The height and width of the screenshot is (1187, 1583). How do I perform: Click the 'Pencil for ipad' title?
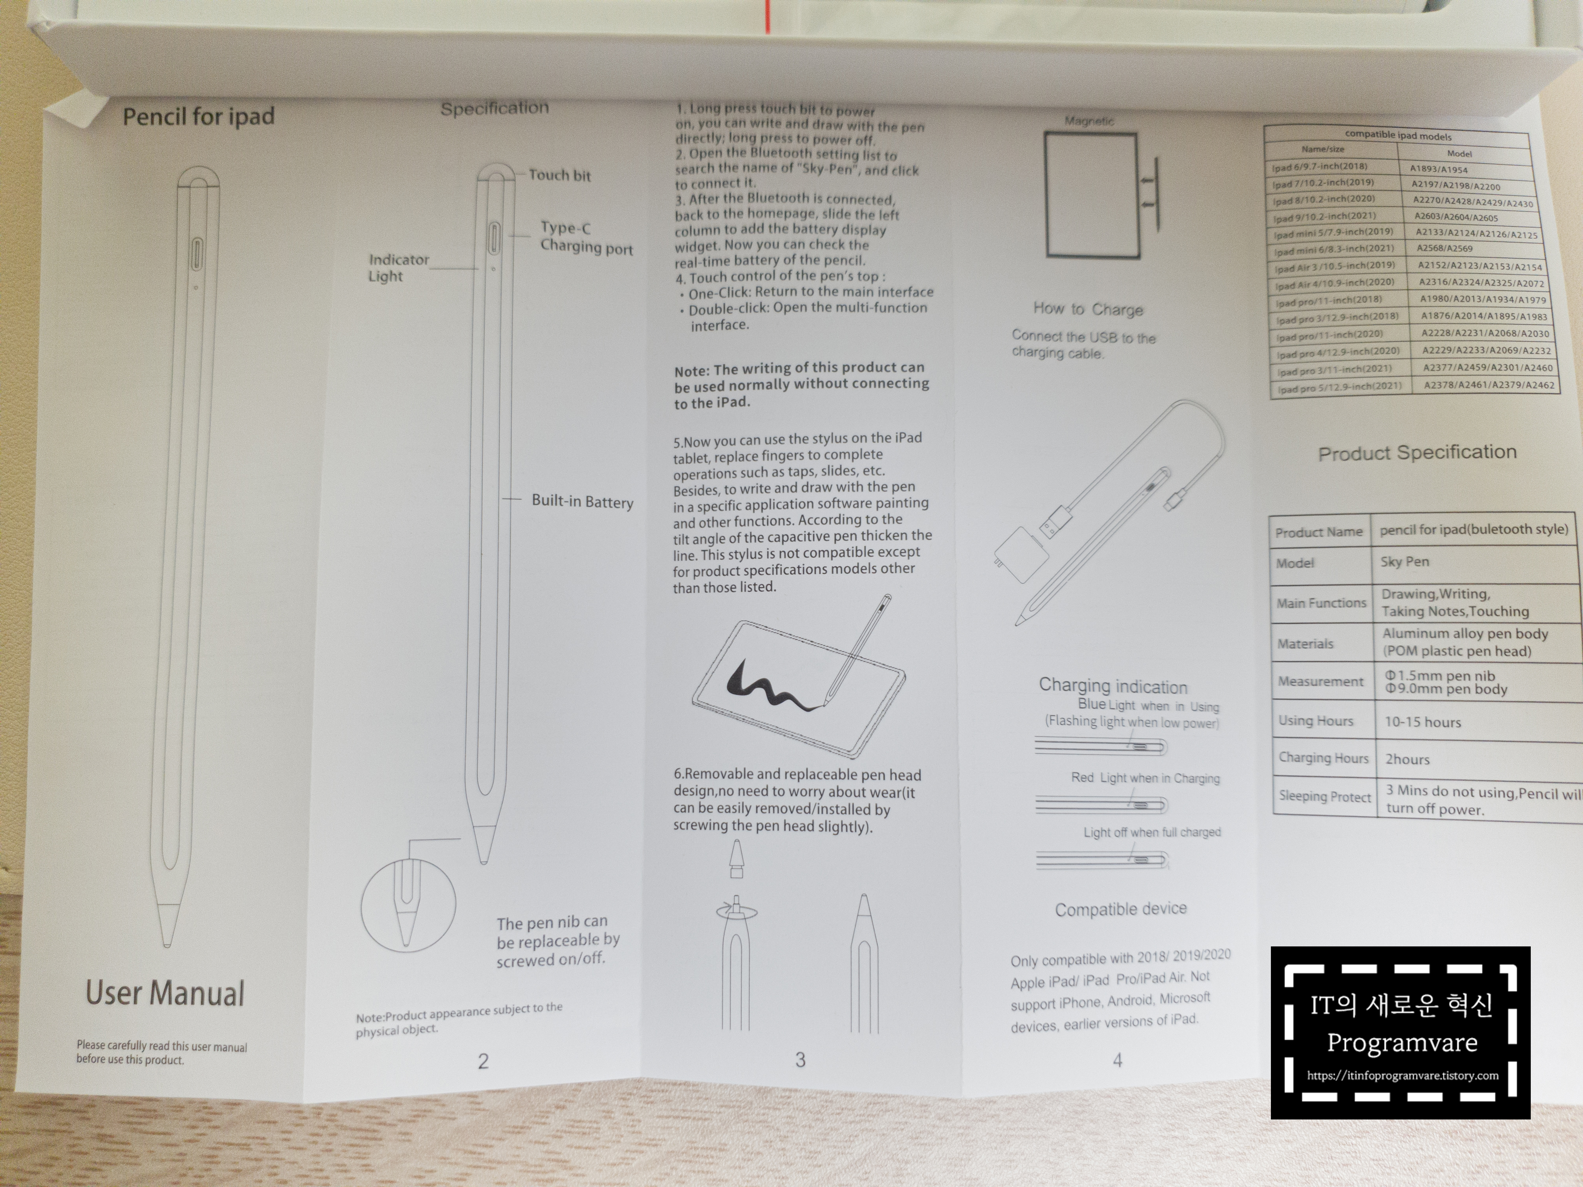click(x=198, y=116)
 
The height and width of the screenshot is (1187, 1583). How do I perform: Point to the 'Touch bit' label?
click(x=559, y=175)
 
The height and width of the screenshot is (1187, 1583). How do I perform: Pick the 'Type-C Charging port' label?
click(x=586, y=237)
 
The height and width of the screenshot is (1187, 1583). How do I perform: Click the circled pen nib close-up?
click(x=408, y=905)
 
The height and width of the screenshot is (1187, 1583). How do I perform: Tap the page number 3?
click(x=800, y=1060)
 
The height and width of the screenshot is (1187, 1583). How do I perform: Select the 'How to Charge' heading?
click(x=1088, y=309)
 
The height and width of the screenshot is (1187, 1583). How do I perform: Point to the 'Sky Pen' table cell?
click(x=1404, y=562)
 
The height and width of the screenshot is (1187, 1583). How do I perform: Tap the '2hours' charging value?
click(x=1407, y=759)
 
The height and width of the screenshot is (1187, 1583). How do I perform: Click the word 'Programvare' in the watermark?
click(x=1402, y=1043)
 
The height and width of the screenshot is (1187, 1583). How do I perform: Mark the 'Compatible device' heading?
click(x=1121, y=909)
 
